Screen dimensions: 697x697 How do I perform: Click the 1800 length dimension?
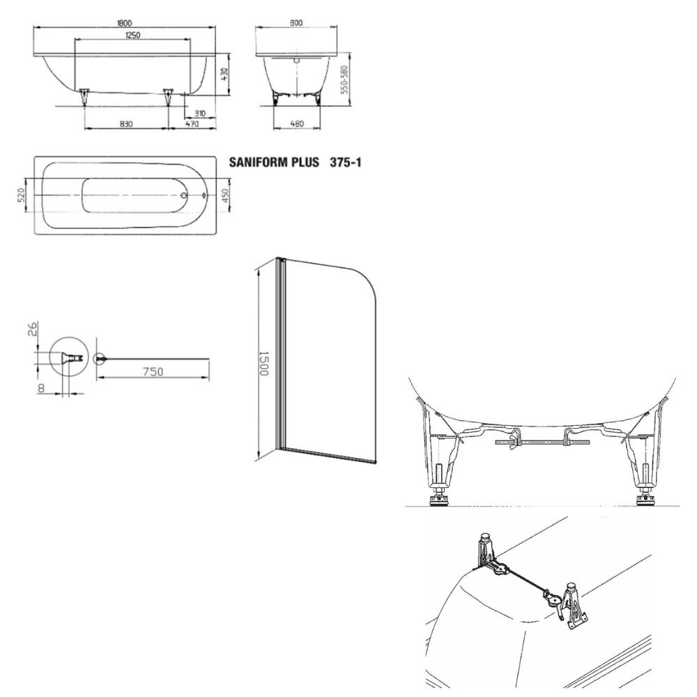point(124,23)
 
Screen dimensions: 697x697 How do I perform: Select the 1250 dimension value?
point(133,35)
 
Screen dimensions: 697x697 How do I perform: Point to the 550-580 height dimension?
point(344,80)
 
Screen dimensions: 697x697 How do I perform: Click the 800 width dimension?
point(296,23)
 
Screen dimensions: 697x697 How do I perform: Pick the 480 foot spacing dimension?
point(296,123)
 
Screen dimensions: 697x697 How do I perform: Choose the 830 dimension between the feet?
point(126,123)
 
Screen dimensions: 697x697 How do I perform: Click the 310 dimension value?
point(200,114)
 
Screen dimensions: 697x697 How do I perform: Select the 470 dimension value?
point(192,123)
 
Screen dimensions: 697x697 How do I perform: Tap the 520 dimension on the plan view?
point(21,195)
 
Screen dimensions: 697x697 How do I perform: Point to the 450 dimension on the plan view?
point(224,195)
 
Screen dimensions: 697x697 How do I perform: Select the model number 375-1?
point(346,162)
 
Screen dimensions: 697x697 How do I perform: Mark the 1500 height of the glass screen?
point(264,363)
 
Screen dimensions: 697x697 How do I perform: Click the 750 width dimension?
point(153,372)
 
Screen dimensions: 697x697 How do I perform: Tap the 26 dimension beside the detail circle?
point(33,329)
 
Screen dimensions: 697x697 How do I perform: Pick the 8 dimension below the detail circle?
point(41,388)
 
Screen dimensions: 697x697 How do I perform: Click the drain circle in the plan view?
point(183,195)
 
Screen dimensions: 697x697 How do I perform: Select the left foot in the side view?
point(84,96)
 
